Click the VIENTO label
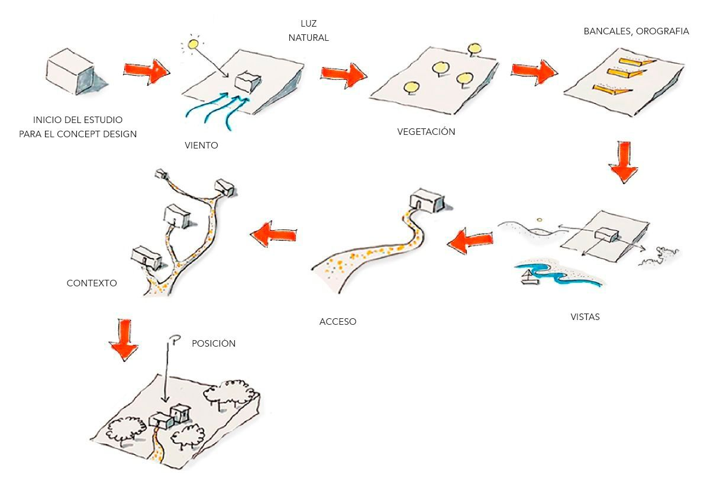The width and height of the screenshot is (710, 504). [x=201, y=145]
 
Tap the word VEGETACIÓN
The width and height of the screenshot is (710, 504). [x=426, y=132]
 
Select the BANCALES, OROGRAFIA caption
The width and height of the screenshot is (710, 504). [x=636, y=31]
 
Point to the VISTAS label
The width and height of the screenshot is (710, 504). [x=585, y=317]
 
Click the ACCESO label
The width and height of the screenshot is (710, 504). [x=338, y=322]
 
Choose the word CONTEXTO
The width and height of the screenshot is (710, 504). [x=92, y=283]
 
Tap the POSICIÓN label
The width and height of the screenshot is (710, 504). [x=214, y=344]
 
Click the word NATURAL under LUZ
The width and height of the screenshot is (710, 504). [x=308, y=38]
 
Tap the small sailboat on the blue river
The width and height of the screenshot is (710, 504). [x=528, y=277]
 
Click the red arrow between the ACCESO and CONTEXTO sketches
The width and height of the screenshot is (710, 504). [x=273, y=234]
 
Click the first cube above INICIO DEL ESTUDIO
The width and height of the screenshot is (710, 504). [x=70, y=72]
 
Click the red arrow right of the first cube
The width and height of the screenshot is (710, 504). [x=146, y=70]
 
